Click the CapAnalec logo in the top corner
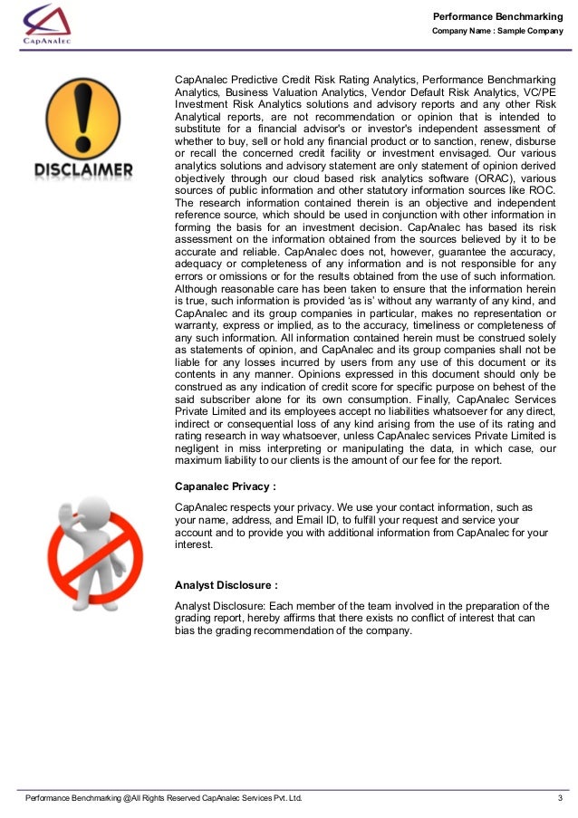pos(47,24)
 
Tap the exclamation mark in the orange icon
pos(84,114)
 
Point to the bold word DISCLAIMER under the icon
pos(84,169)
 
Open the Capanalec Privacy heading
pos(225,486)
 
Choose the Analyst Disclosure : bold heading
pos(226,585)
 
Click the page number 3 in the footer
pos(560,798)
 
